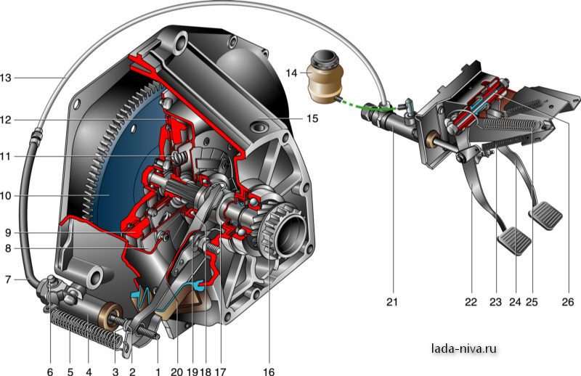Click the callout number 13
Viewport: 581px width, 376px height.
click(6, 78)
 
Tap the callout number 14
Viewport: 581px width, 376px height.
click(291, 73)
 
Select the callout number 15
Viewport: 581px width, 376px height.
click(312, 118)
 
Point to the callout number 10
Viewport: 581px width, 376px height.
click(6, 195)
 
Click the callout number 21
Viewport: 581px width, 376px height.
click(392, 302)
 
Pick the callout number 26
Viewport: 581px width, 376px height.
click(568, 302)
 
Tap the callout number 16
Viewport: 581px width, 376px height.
click(269, 371)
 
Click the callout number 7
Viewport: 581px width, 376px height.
click(8, 279)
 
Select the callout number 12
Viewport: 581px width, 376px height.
click(6, 120)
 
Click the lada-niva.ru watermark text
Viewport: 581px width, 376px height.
click(464, 348)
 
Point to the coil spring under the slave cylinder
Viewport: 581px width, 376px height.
click(87, 328)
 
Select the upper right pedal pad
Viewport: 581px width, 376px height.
click(546, 216)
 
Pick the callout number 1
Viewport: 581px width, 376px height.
click(158, 371)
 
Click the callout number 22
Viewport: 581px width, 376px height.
click(471, 302)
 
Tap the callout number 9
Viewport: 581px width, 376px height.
click(8, 232)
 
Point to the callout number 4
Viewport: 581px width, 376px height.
click(89, 371)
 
